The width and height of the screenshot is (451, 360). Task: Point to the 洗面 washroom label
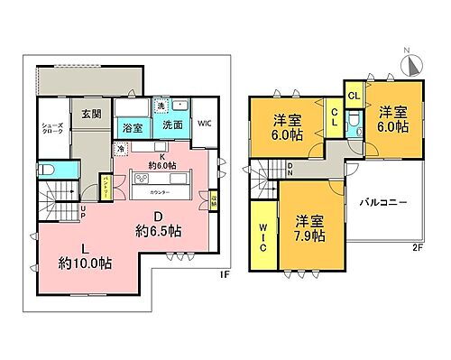(x=173, y=125)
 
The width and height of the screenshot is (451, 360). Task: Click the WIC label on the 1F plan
(x=204, y=124)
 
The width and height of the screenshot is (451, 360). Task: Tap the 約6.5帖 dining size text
(x=158, y=231)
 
